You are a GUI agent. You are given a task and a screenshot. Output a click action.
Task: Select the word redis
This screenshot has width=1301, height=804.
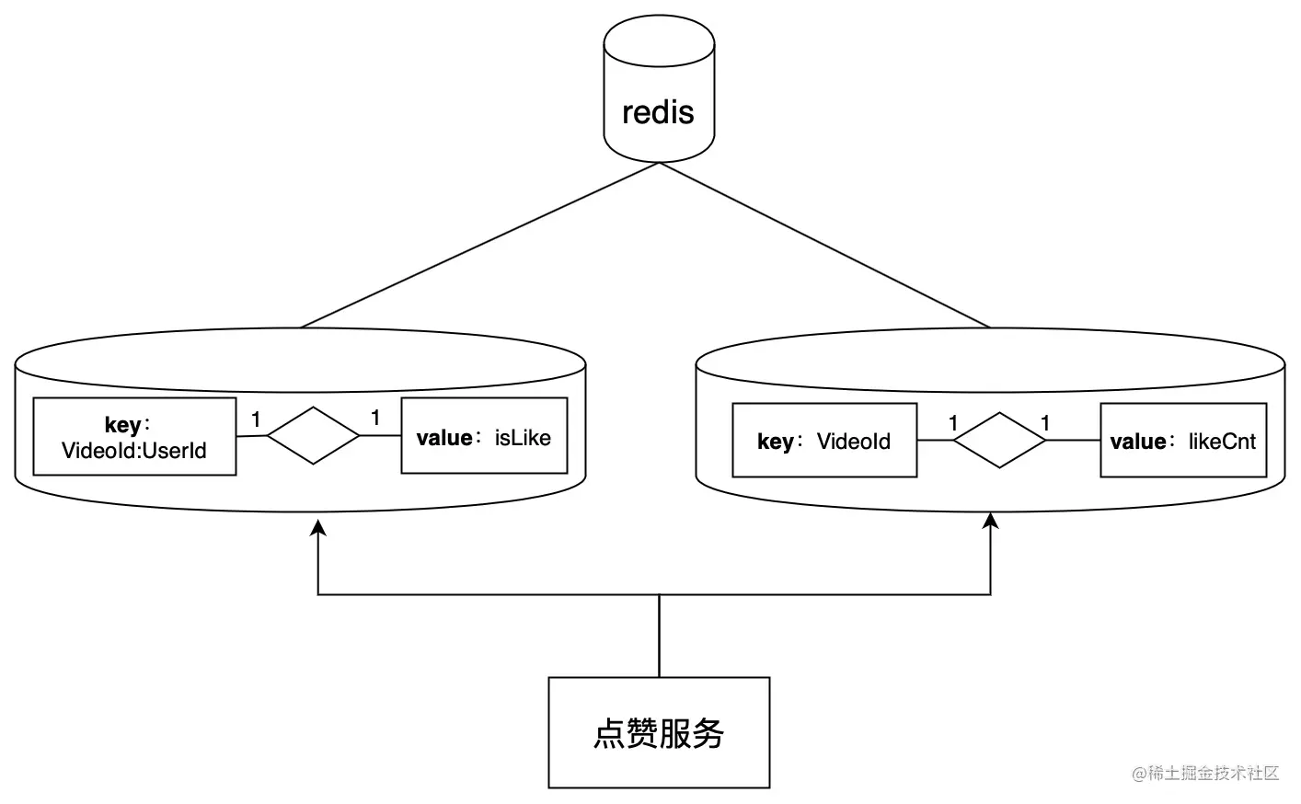[658, 112]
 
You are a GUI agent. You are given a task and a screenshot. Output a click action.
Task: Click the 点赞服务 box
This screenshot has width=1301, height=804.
[659, 732]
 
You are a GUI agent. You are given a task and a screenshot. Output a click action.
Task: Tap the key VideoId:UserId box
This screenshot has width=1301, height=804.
[134, 437]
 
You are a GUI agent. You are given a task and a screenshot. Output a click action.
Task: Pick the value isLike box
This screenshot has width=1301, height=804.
[484, 437]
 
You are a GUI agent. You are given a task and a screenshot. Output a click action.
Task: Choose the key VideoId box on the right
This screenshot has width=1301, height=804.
[824, 441]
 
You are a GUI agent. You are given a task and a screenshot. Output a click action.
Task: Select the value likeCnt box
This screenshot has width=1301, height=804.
[1183, 441]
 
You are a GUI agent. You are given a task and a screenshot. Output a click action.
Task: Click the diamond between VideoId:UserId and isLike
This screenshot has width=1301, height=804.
[313, 435]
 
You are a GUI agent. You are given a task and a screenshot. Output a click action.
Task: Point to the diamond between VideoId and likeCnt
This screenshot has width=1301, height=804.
[999, 441]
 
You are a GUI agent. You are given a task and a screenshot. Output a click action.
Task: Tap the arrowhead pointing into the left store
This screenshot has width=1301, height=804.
[318, 527]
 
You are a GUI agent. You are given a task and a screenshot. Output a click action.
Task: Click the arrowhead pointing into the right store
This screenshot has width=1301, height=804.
[991, 522]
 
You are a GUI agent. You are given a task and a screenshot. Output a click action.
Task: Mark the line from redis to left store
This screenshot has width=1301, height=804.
[478, 246]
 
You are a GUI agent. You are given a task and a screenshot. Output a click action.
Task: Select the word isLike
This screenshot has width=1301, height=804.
[523, 438]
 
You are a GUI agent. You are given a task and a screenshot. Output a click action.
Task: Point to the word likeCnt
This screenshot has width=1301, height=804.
[1222, 442]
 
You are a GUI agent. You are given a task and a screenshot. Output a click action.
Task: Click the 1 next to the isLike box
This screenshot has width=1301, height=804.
[375, 418]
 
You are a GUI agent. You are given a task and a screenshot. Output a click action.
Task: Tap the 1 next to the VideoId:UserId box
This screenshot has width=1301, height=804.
[256, 419]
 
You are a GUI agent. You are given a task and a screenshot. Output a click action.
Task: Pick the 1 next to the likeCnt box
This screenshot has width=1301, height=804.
[1045, 423]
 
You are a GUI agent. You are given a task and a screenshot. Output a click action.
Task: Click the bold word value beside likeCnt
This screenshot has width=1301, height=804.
[1138, 442]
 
